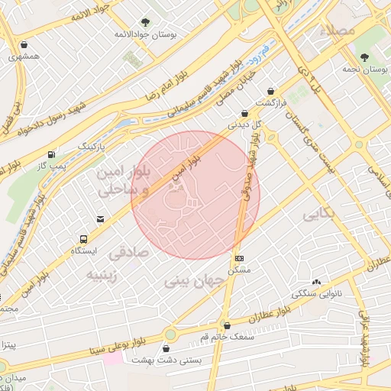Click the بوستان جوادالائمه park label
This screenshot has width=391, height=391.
click(x=146, y=35)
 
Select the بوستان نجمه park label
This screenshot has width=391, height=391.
click(x=365, y=69)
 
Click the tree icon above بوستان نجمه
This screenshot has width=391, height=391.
click(x=365, y=57)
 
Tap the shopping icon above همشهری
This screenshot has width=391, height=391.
click(x=24, y=45)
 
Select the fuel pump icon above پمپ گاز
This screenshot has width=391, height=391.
click(x=51, y=153)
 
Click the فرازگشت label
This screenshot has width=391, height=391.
click(x=270, y=102)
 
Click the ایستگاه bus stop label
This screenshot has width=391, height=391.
click(x=84, y=250)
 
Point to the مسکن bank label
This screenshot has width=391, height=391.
click(x=241, y=270)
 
